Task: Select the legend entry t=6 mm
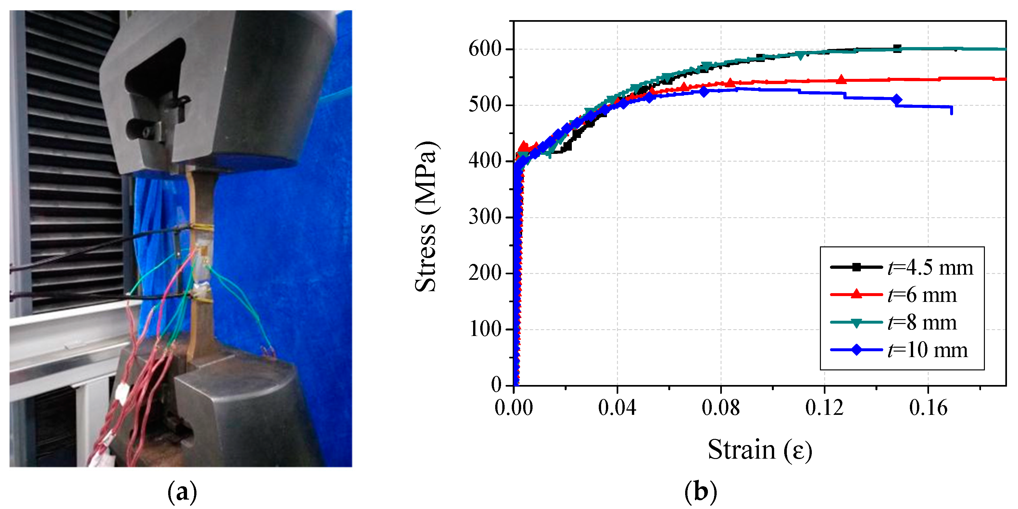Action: pyautogui.click(x=894, y=295)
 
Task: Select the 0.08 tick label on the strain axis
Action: pyautogui.click(x=721, y=407)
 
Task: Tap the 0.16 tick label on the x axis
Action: pyautogui.click(x=928, y=407)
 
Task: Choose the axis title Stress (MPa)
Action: pyautogui.click(x=426, y=217)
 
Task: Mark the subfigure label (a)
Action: pyautogui.click(x=182, y=492)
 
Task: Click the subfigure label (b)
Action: pyautogui.click(x=700, y=492)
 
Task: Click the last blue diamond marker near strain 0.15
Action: pyautogui.click(x=897, y=100)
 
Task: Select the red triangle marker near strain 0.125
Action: pyautogui.click(x=841, y=80)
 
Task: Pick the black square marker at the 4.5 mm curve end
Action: pyautogui.click(x=897, y=49)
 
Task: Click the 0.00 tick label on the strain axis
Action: pyautogui.click(x=513, y=407)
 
